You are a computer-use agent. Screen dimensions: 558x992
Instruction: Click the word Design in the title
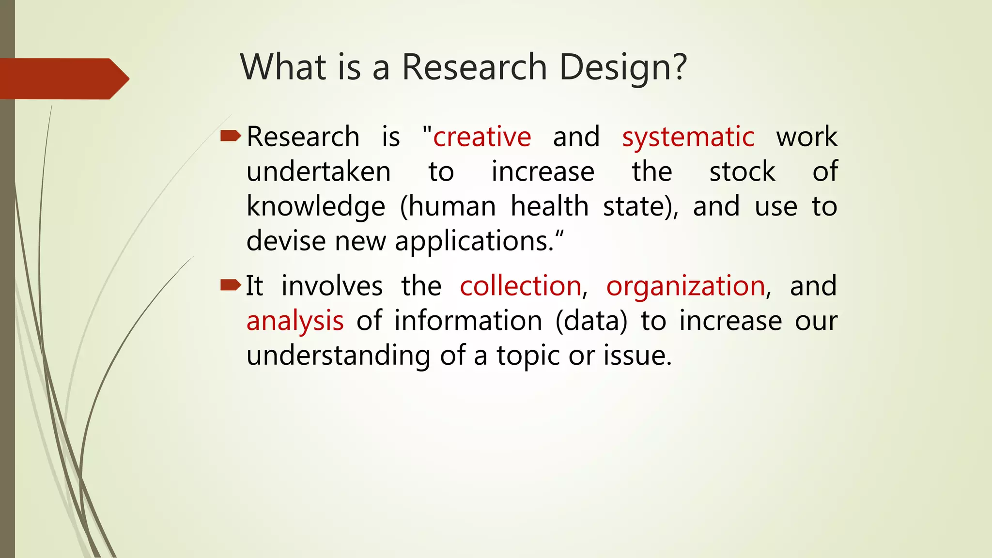[x=622, y=67]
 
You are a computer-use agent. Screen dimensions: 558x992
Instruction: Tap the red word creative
[x=482, y=137]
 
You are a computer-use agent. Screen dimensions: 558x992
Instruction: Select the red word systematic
[x=688, y=137]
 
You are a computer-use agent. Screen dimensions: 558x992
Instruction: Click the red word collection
[x=521, y=286]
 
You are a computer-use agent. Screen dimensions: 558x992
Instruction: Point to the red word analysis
[x=295, y=321]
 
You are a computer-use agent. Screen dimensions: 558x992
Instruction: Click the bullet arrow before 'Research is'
[x=230, y=136]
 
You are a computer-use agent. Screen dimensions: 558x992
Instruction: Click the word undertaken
[x=318, y=172]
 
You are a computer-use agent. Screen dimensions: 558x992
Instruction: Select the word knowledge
[x=316, y=207]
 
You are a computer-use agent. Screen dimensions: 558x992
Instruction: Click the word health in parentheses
[x=549, y=206]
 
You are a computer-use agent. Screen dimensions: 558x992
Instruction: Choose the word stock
[x=742, y=172]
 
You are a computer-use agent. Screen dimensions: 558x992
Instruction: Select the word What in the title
[x=283, y=67]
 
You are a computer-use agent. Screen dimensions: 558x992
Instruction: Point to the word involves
[x=332, y=286]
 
